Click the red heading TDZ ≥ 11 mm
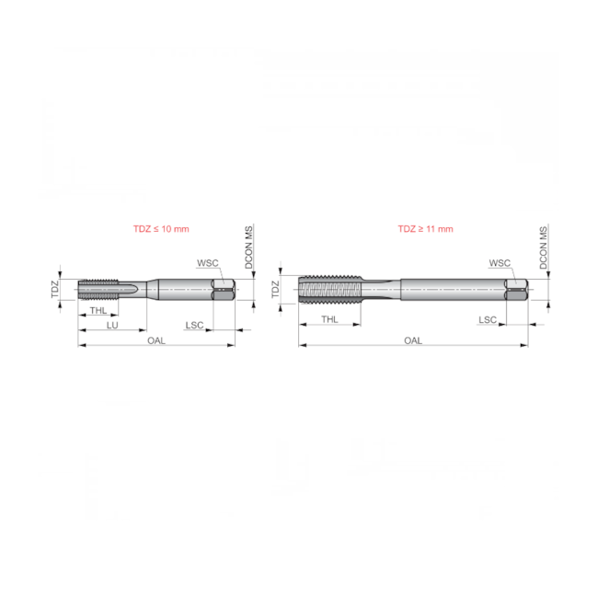click(x=425, y=228)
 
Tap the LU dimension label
click(x=112, y=325)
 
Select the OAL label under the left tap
click(x=157, y=340)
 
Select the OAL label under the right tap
click(x=413, y=340)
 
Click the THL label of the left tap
click(x=98, y=311)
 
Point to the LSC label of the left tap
click(x=194, y=325)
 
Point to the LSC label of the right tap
click(x=488, y=319)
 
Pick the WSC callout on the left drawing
click(x=208, y=263)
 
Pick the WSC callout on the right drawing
click(x=500, y=263)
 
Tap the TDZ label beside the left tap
click(x=55, y=290)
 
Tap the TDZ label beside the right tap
click(x=275, y=290)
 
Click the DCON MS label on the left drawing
click(x=248, y=247)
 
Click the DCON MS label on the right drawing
click(x=543, y=247)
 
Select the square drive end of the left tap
click(x=224, y=290)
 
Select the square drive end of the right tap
click(x=516, y=290)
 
